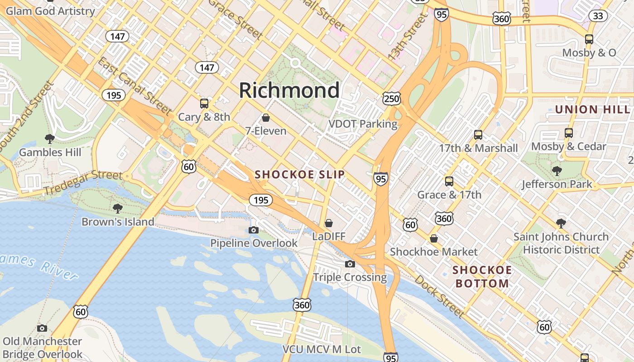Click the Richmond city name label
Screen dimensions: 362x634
pyautogui.click(x=289, y=90)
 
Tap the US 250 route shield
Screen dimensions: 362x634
pyautogui.click(x=391, y=99)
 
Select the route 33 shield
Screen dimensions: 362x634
pyautogui.click(x=598, y=16)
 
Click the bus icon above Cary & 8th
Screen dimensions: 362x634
pyautogui.click(x=204, y=103)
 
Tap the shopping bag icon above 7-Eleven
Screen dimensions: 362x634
pyautogui.click(x=266, y=118)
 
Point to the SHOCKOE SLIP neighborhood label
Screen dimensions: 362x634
pyautogui.click(x=299, y=175)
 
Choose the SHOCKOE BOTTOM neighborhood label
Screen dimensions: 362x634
pyautogui.click(x=482, y=277)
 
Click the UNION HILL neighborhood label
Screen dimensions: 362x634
pyautogui.click(x=592, y=110)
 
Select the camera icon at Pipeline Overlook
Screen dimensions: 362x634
pyautogui.click(x=254, y=230)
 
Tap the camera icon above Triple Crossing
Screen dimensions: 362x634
pyautogui.click(x=350, y=264)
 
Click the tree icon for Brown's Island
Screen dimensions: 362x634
pyautogui.click(x=118, y=208)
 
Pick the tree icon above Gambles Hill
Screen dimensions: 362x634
pyautogui.click(x=50, y=138)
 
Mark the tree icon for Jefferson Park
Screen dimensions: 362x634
pyautogui.click(x=557, y=171)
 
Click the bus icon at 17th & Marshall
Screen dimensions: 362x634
pyautogui.click(x=478, y=134)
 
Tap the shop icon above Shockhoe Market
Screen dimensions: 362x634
pyautogui.click(x=434, y=238)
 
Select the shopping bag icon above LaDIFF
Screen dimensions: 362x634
pyautogui.click(x=329, y=223)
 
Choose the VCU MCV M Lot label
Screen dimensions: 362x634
pyautogui.click(x=322, y=349)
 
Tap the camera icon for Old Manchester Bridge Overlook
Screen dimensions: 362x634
pyautogui.click(x=42, y=328)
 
